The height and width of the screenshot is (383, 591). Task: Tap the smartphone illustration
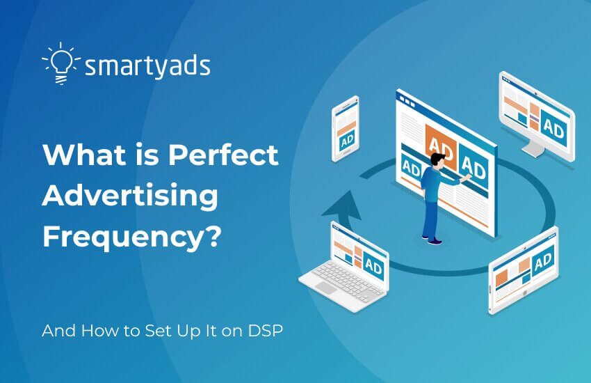click(x=345, y=128)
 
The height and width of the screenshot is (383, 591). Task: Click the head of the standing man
click(x=436, y=161)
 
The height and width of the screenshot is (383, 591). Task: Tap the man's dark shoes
click(x=433, y=241)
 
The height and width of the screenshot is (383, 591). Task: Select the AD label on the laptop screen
click(x=373, y=267)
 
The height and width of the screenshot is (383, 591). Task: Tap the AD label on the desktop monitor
click(x=553, y=128)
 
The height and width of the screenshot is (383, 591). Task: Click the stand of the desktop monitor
click(x=534, y=148)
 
